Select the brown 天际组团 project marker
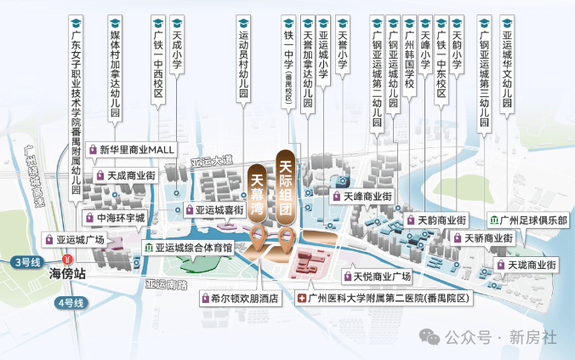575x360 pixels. coord(286,187)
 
